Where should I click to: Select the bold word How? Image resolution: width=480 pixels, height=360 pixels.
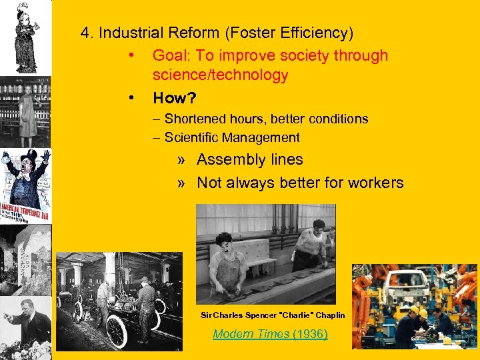point(174,98)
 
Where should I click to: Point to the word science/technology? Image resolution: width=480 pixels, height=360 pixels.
point(220,75)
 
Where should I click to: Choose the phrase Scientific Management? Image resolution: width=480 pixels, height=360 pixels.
point(232,137)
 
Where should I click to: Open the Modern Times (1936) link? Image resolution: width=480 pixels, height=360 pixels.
point(270,333)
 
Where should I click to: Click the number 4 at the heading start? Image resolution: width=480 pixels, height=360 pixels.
point(85,32)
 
